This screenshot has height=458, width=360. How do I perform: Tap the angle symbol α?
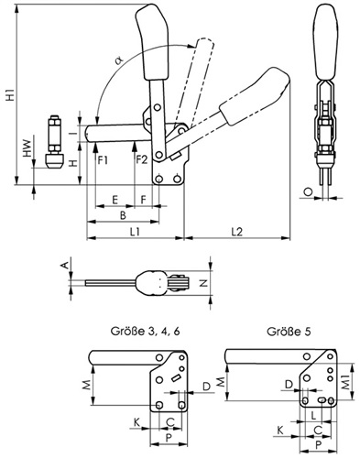coord(119,60)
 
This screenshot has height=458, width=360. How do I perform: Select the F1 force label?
coord(103,159)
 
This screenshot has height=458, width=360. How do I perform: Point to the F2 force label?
coord(141,159)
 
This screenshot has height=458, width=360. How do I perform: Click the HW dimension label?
coord(27,148)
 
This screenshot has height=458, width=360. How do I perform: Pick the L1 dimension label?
coord(135,232)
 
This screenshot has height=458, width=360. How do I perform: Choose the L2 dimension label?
coord(237,232)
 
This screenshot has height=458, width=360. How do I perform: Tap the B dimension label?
coord(123,215)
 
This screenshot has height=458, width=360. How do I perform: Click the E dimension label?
coord(115,200)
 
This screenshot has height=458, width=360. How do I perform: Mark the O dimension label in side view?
coord(309,191)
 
